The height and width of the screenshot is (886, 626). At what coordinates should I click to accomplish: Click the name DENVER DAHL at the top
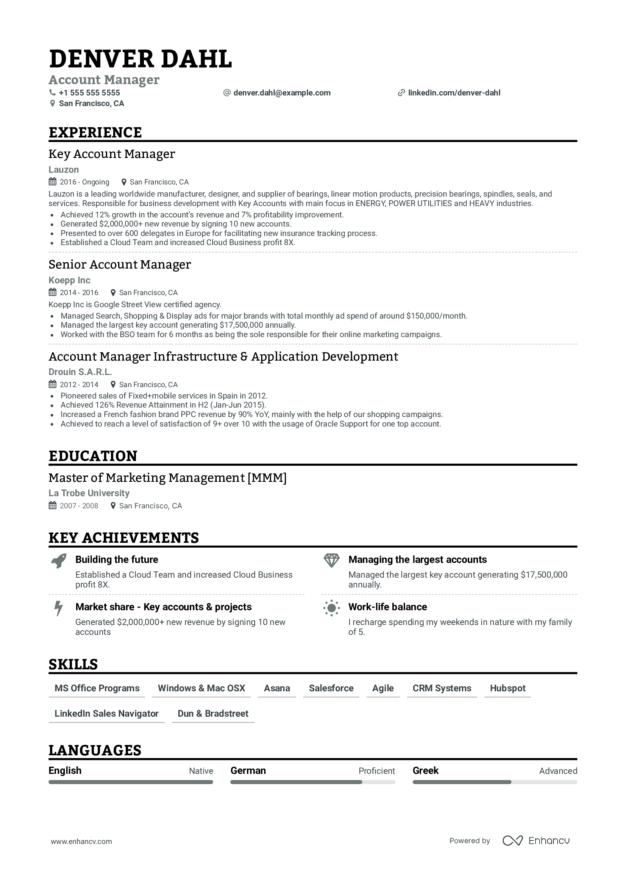point(141,59)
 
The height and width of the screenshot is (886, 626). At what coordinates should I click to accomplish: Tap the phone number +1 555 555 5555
point(89,92)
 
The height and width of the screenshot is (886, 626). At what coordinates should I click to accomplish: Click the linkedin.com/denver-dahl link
point(454,92)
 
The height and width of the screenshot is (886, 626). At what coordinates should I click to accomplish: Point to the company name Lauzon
point(64,170)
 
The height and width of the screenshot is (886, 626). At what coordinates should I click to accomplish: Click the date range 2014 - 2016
point(79,292)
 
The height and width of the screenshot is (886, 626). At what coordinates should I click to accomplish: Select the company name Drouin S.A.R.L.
point(80,372)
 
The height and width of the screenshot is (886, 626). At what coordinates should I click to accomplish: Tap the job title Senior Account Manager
point(120,265)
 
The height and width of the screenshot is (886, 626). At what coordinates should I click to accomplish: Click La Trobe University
point(89,493)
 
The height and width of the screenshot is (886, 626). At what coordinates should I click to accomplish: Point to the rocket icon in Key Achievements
point(59,561)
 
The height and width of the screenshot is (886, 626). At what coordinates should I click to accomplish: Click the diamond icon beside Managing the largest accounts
point(331,560)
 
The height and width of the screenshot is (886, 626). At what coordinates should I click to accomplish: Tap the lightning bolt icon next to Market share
point(58,608)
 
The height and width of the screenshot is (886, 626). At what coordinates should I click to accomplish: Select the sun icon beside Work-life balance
point(331,608)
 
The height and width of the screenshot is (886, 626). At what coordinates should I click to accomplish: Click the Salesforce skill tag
point(331,688)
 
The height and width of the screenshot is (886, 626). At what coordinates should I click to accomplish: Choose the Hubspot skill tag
point(507,688)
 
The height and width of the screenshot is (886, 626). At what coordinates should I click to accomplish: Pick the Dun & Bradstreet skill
point(212,714)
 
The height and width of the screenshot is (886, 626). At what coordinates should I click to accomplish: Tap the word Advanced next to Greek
point(558,771)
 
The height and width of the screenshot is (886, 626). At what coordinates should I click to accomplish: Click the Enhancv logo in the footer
point(536,841)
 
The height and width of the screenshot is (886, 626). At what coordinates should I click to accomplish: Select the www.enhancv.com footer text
point(81,841)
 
